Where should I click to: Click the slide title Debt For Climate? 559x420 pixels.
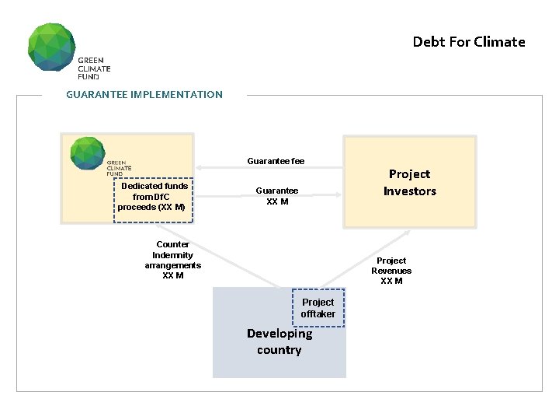(468, 42)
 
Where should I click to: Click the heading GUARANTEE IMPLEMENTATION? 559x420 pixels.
(144, 95)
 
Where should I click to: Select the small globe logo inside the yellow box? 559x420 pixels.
(86, 152)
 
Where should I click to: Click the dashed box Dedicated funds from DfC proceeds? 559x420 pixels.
(152, 198)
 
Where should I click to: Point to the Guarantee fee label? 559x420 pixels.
(276, 161)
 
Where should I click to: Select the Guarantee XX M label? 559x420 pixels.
(277, 196)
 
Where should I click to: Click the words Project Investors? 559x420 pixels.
(409, 183)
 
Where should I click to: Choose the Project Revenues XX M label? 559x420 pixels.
(391, 271)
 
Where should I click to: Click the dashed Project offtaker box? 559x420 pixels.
(318, 308)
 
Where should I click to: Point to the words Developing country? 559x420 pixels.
(279, 341)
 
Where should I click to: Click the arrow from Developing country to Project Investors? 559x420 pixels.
(364, 258)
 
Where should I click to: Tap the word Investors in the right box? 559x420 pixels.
(409, 191)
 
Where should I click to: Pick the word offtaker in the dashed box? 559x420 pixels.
(318, 314)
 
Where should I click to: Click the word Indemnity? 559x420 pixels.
(172, 255)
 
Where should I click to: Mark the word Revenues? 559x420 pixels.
(391, 271)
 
